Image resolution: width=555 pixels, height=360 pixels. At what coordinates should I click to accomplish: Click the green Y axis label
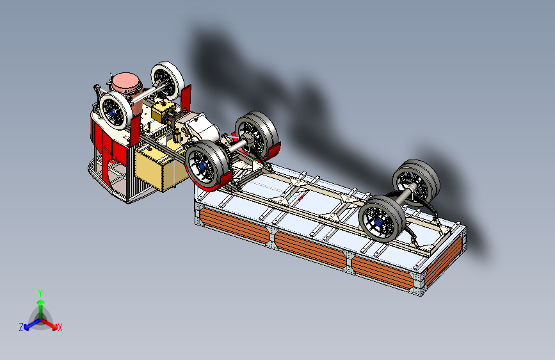pyautogui.click(x=40, y=293)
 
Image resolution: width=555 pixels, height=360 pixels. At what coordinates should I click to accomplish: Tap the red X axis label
pyautogui.click(x=60, y=328)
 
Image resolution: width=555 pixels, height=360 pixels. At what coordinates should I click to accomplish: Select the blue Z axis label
pyautogui.click(x=21, y=327)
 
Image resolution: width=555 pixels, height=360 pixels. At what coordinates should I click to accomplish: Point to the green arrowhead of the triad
pyautogui.click(x=41, y=302)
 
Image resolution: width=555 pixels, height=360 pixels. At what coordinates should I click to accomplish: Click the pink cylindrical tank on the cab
pyautogui.click(x=125, y=86)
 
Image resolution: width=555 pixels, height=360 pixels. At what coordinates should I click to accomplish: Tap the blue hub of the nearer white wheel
pyautogui.click(x=113, y=113)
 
